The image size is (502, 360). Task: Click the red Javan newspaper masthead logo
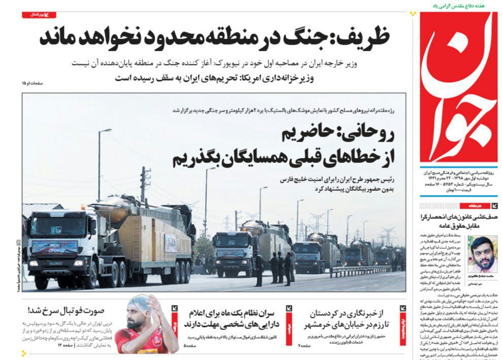458,86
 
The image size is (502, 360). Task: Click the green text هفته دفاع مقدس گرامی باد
456,6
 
